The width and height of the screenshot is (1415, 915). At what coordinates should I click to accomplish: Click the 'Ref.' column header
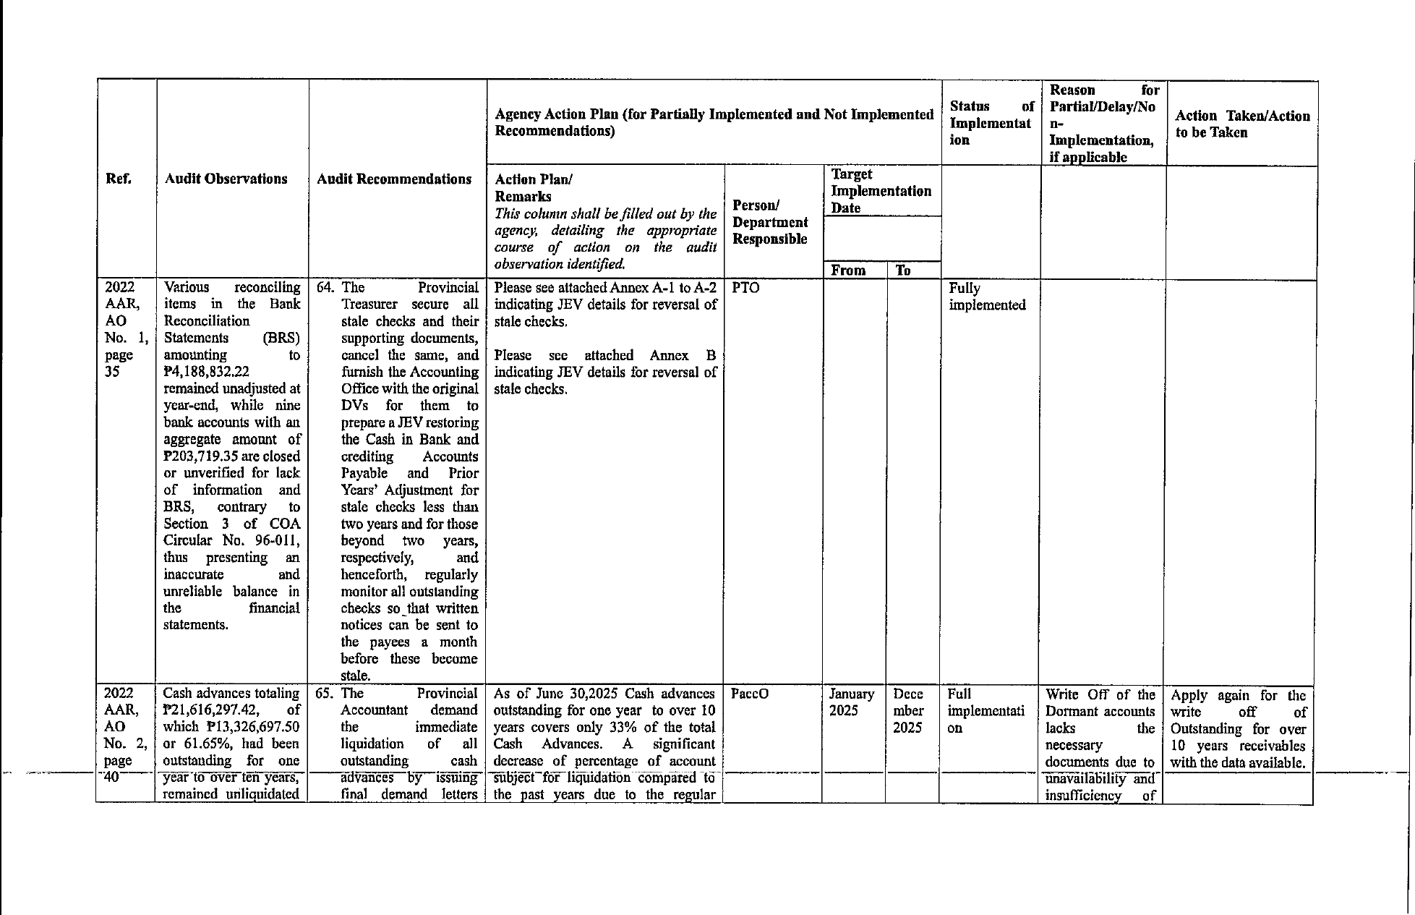click(x=119, y=179)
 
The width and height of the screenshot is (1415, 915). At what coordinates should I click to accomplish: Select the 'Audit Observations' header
click(x=226, y=179)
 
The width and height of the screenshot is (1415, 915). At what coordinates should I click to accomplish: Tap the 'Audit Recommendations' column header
click(x=394, y=179)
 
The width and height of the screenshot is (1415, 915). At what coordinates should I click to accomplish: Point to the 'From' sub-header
click(x=848, y=271)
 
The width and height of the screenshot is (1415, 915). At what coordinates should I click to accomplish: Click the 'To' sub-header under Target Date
click(x=903, y=271)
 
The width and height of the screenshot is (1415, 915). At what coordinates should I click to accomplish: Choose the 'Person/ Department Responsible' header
click(x=770, y=222)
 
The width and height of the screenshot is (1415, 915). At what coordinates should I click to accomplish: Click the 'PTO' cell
click(x=745, y=288)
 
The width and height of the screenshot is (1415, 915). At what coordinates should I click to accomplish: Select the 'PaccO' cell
click(x=750, y=694)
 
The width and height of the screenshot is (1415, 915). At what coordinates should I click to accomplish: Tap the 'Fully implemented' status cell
click(x=987, y=297)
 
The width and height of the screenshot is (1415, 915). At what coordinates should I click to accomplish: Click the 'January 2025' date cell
click(x=852, y=702)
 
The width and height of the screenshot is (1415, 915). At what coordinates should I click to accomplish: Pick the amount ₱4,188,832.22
click(x=207, y=372)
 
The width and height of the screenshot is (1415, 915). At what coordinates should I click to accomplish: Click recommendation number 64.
click(x=325, y=288)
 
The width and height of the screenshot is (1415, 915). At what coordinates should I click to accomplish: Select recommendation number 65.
click(x=324, y=694)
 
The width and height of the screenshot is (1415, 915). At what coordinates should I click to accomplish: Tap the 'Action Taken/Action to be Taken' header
click(x=1242, y=124)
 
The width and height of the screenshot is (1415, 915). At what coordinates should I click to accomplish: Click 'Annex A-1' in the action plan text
click(x=642, y=288)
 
